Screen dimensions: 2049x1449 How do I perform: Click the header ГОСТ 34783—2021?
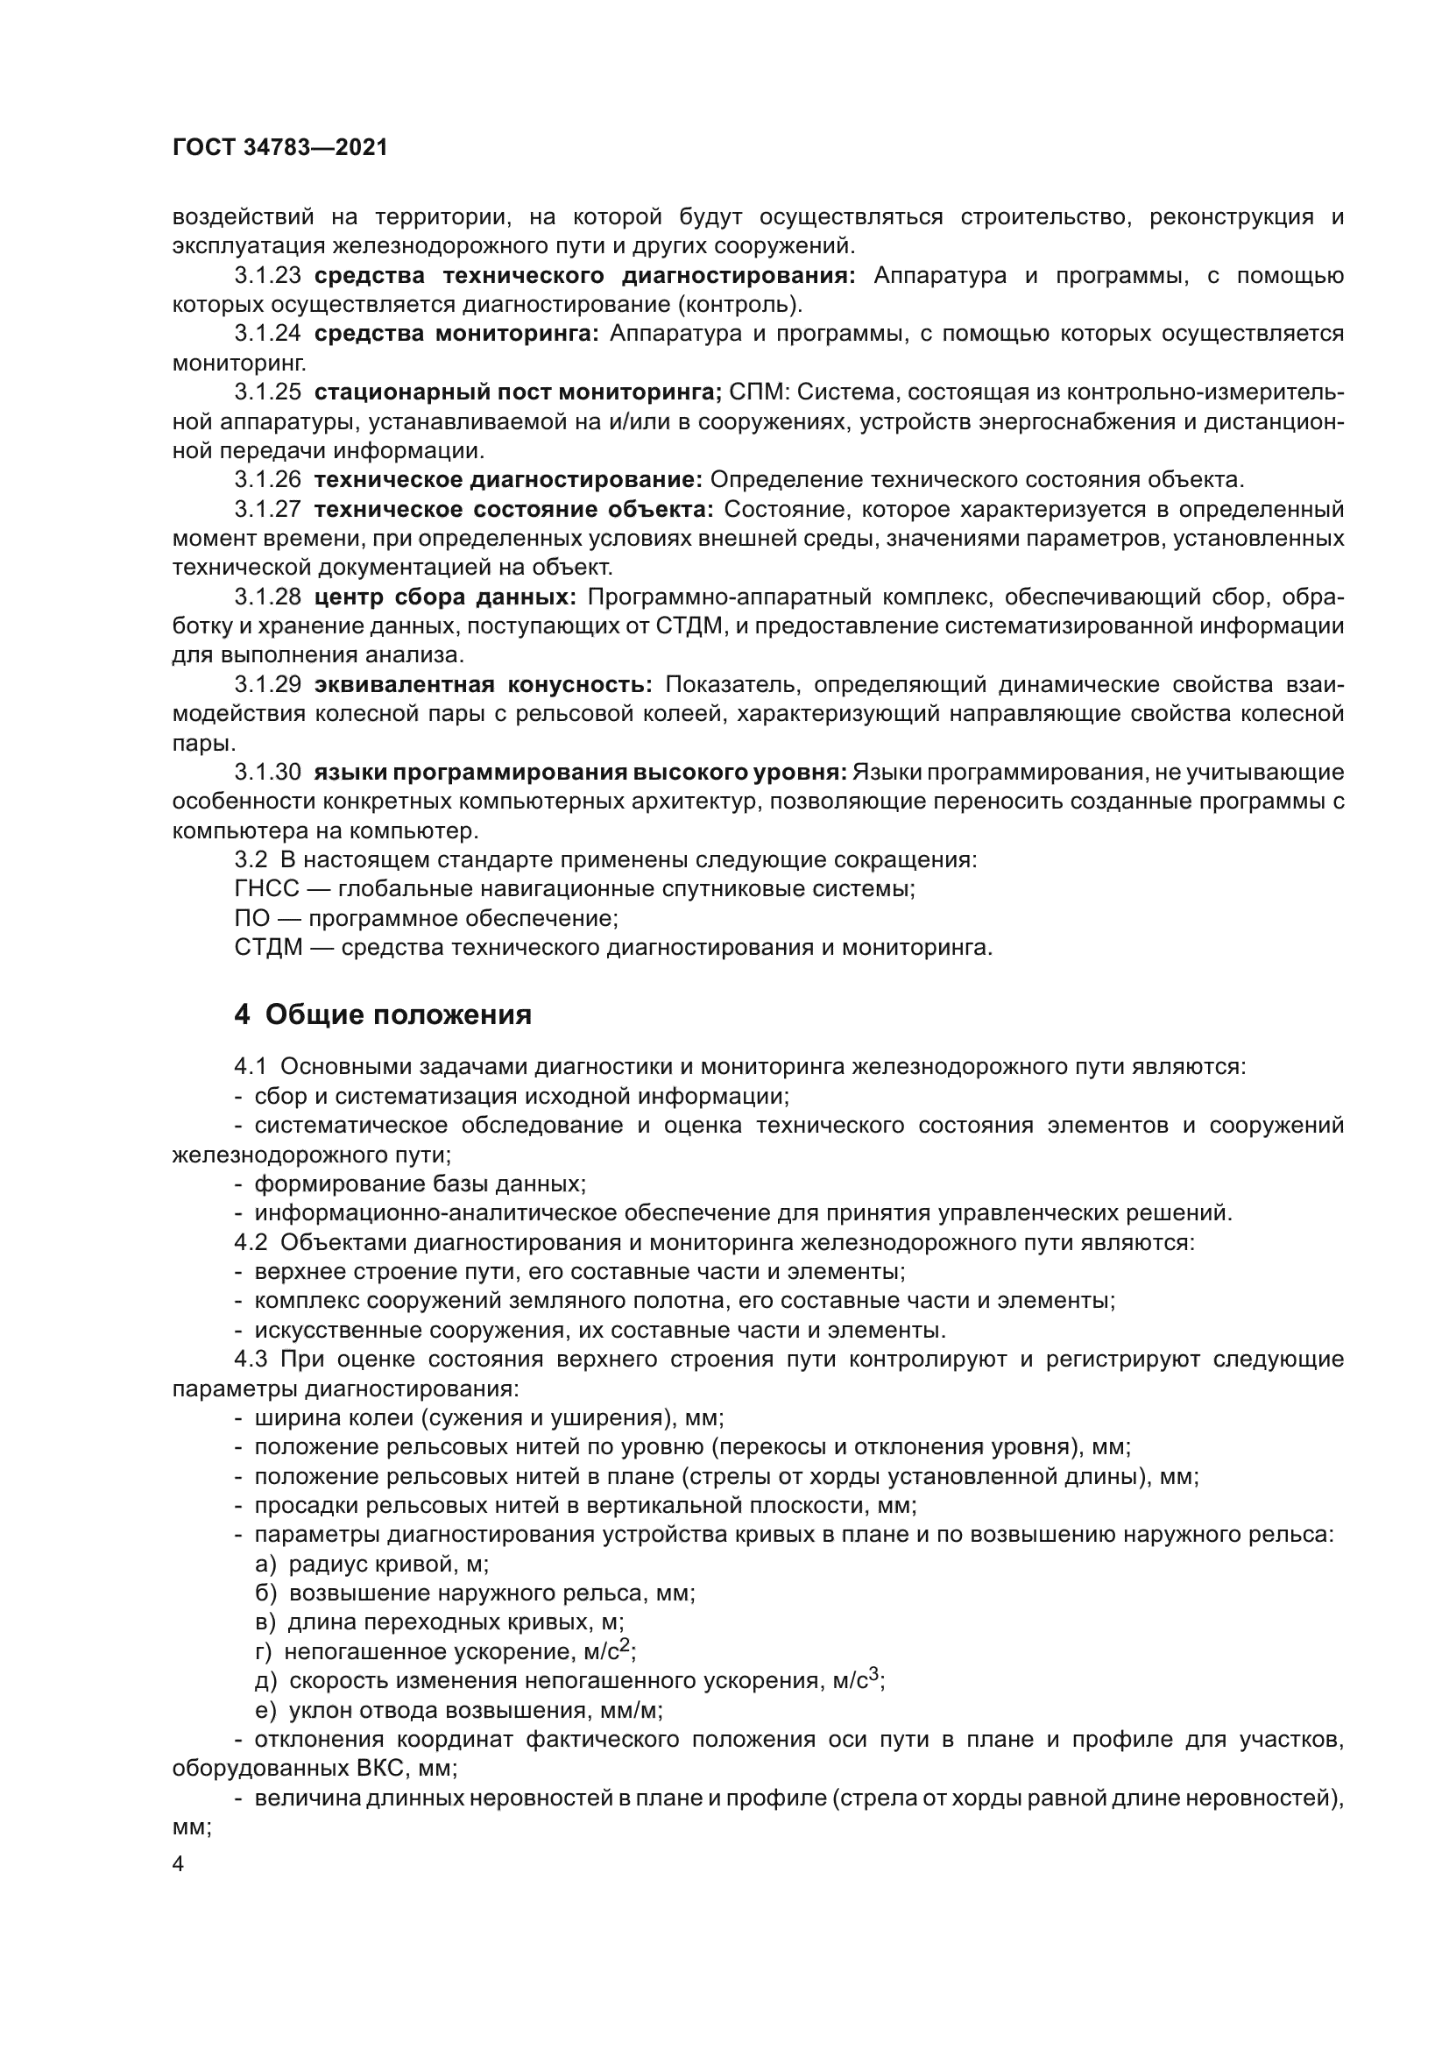click(x=280, y=148)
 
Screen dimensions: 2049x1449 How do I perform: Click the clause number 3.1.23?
click(x=268, y=276)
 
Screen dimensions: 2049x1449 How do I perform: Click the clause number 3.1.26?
click(x=268, y=480)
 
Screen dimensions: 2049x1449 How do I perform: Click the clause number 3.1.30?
click(x=268, y=772)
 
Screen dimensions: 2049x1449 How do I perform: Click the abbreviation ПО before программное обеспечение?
click(x=250, y=918)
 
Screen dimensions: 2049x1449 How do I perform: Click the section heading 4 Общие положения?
click(x=383, y=1015)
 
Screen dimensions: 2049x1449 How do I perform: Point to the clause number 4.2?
click(x=250, y=1243)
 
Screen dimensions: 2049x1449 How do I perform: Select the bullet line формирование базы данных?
click(x=420, y=1184)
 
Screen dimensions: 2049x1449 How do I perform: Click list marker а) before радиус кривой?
click(x=266, y=1565)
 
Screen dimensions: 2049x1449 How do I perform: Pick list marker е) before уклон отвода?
click(x=266, y=1711)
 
